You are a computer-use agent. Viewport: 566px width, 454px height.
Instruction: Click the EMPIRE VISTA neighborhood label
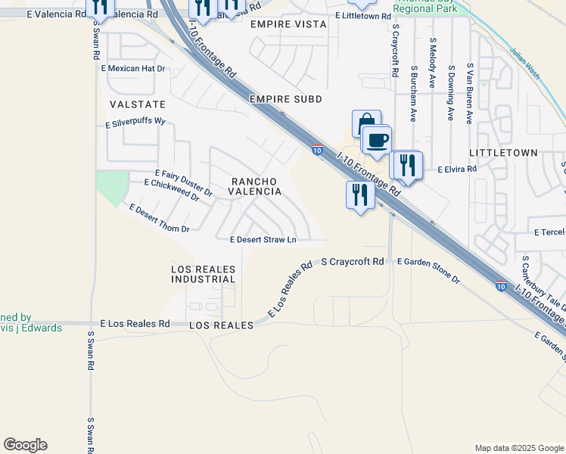coord(288,25)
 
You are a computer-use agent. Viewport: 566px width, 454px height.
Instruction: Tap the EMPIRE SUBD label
coord(286,99)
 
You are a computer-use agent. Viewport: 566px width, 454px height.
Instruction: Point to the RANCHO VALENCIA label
coord(256,186)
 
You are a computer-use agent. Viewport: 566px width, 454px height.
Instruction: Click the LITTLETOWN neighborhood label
coord(503,153)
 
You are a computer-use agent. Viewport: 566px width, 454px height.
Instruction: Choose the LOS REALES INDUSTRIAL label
coord(204,274)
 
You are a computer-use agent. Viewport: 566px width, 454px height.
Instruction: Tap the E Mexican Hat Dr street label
coord(132,68)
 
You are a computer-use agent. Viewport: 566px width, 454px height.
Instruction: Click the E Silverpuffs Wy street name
coord(135,121)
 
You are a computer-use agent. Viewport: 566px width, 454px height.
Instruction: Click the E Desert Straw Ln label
coord(263,240)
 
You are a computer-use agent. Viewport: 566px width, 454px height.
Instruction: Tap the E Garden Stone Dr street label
coord(428,270)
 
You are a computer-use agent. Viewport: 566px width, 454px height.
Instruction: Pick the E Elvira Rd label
coord(457,169)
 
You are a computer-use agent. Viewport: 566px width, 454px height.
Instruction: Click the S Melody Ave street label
coord(432,64)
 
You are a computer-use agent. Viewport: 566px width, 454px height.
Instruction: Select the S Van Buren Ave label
coord(470,94)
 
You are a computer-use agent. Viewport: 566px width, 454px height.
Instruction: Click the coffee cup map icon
coord(377,139)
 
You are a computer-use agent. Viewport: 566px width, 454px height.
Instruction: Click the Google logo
coord(25,445)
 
